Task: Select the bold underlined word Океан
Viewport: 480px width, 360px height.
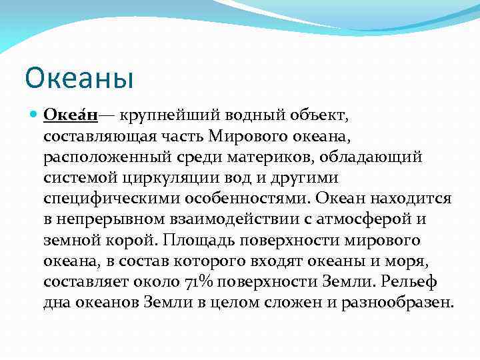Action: click(71, 116)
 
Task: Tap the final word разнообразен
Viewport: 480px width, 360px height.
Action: click(397, 303)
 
